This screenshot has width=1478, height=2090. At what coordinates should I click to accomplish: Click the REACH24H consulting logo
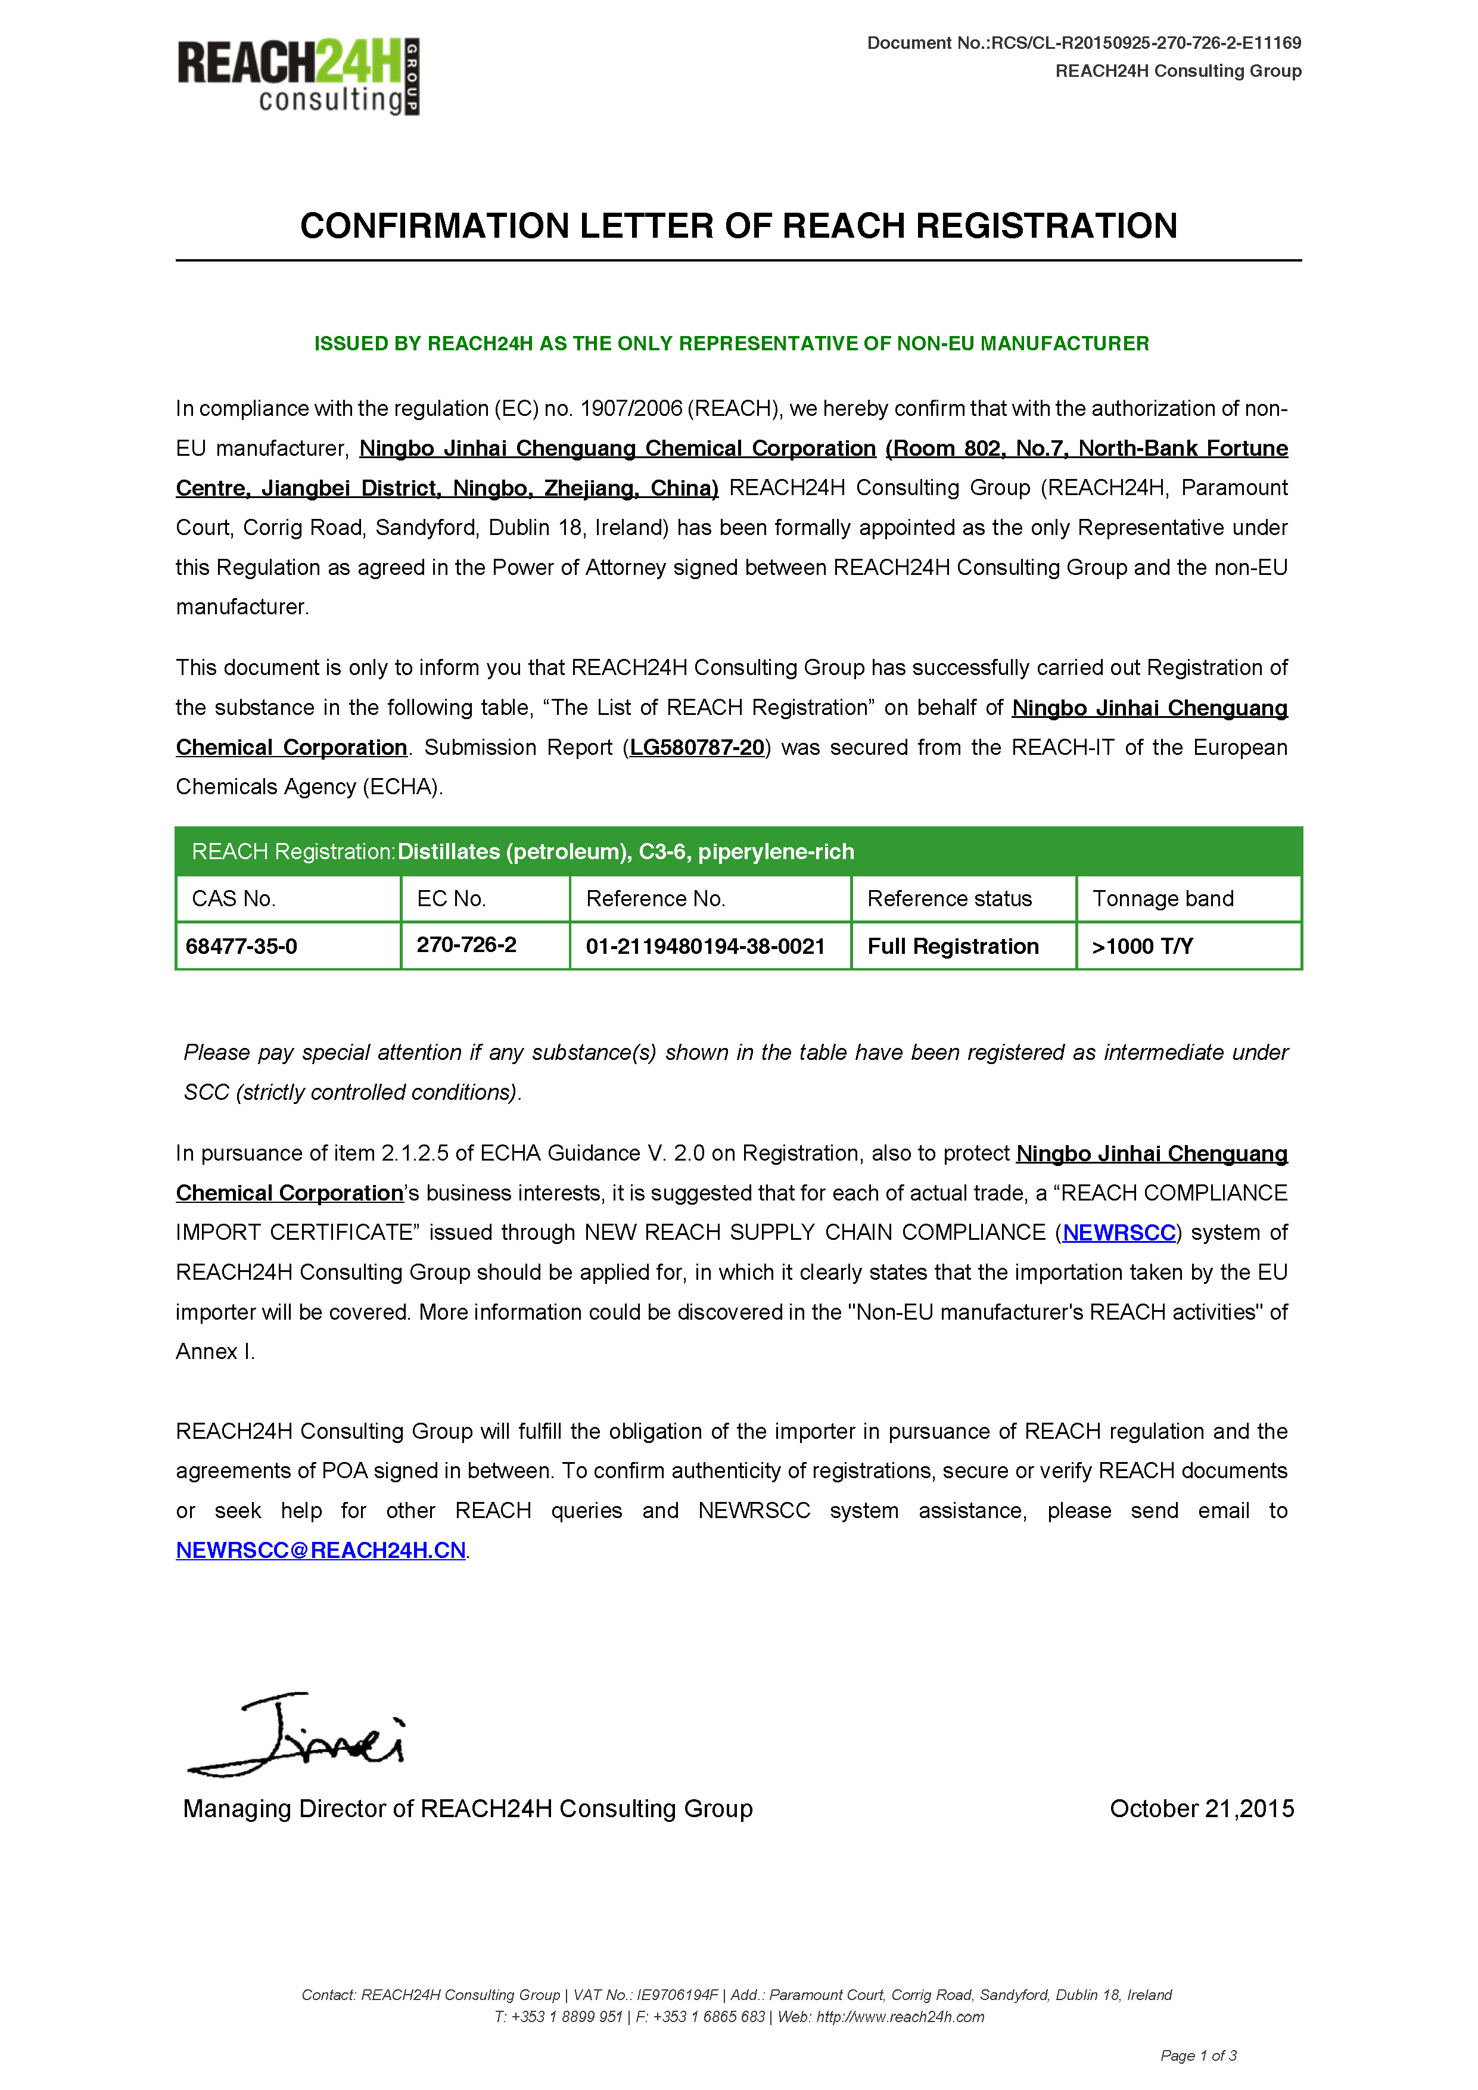[x=298, y=76]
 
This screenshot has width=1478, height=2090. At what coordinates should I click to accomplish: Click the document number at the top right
[x=1083, y=43]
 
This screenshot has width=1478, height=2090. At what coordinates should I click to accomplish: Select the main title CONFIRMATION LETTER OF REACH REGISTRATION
[x=738, y=226]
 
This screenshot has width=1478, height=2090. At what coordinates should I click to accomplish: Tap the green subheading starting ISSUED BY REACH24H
[x=731, y=343]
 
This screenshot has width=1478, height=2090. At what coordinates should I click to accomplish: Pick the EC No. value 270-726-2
[x=466, y=945]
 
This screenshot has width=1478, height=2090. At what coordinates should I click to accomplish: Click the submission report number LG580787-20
[x=696, y=747]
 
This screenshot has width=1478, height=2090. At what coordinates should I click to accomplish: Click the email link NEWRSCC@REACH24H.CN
[x=321, y=1550]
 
